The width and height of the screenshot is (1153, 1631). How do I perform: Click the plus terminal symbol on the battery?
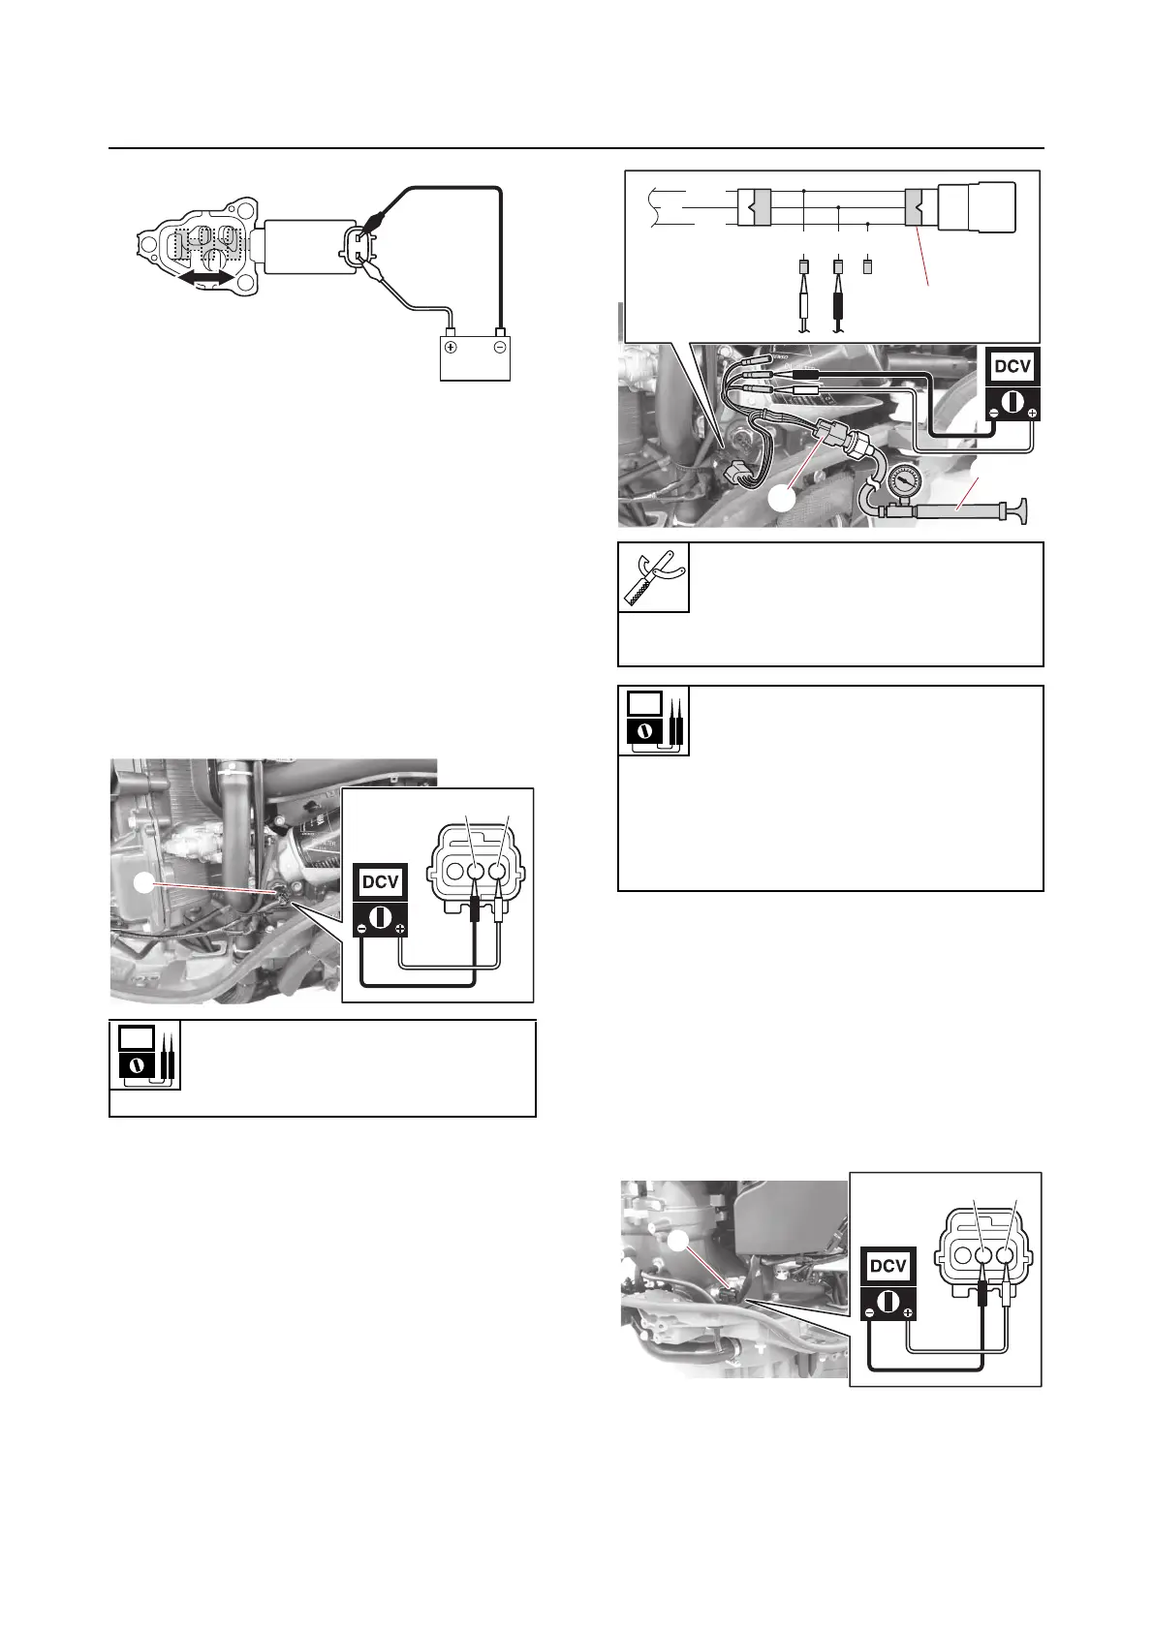coord(451,347)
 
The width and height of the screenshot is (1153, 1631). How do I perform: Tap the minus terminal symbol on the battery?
coord(499,347)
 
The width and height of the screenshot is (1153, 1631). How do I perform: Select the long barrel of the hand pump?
coord(959,509)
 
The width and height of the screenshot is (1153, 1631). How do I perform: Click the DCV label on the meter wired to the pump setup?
coord(1013,367)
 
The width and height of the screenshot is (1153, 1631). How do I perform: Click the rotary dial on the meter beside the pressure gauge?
coord(1013,401)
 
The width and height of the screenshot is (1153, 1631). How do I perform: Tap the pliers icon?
coord(654,577)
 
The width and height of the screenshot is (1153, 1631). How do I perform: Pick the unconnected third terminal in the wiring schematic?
coord(867,264)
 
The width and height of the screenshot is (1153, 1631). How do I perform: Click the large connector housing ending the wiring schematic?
coord(979,207)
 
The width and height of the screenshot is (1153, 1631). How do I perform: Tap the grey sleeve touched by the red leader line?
coord(914,207)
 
